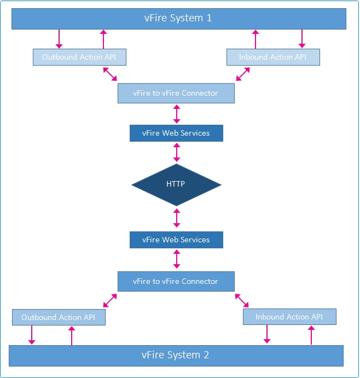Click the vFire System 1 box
[179, 19]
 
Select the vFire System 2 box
[176, 355]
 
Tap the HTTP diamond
[176, 184]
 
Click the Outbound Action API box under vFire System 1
[79, 57]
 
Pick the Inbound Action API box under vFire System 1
[273, 57]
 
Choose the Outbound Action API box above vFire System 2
[59, 317]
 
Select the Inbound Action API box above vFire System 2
[289, 317]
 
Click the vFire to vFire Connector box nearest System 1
[176, 94]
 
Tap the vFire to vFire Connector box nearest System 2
[176, 281]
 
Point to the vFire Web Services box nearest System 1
[176, 133]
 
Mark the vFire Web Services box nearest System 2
[176, 240]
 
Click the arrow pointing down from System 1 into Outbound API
[59, 39]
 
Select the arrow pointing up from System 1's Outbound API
[103, 39]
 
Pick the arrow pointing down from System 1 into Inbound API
[301, 39]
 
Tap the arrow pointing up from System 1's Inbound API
[255, 39]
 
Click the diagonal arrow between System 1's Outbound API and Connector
[110, 74]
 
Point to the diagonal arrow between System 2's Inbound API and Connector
[242, 300]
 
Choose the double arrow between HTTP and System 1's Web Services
[176, 152]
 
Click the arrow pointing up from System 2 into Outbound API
[72, 335]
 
